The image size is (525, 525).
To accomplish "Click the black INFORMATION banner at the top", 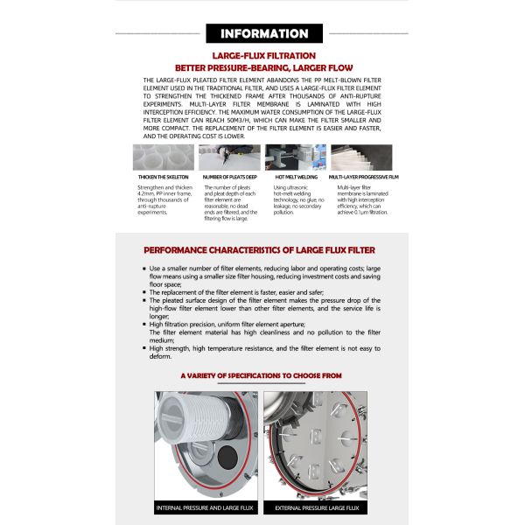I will coord(262,34).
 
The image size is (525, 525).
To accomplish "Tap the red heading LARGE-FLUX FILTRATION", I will coord(262,54).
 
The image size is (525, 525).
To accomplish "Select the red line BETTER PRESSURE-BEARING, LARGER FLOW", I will coord(262,66).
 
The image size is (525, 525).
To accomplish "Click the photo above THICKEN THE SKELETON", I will coord(163,157).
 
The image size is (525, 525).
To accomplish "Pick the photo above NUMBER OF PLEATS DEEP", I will coord(229,157).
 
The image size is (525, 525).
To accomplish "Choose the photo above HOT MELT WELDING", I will coord(295,157).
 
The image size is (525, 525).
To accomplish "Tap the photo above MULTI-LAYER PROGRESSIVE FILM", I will coord(360,157).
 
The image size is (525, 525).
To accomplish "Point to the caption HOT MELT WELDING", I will coord(295,177).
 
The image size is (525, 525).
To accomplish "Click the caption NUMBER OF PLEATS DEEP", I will coord(229,177).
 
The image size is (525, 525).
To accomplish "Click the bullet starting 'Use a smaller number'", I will coord(262,276).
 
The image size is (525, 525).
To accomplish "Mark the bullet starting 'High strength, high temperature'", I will coord(262,352).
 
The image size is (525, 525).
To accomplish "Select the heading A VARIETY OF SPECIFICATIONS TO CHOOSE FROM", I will coord(262,375).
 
